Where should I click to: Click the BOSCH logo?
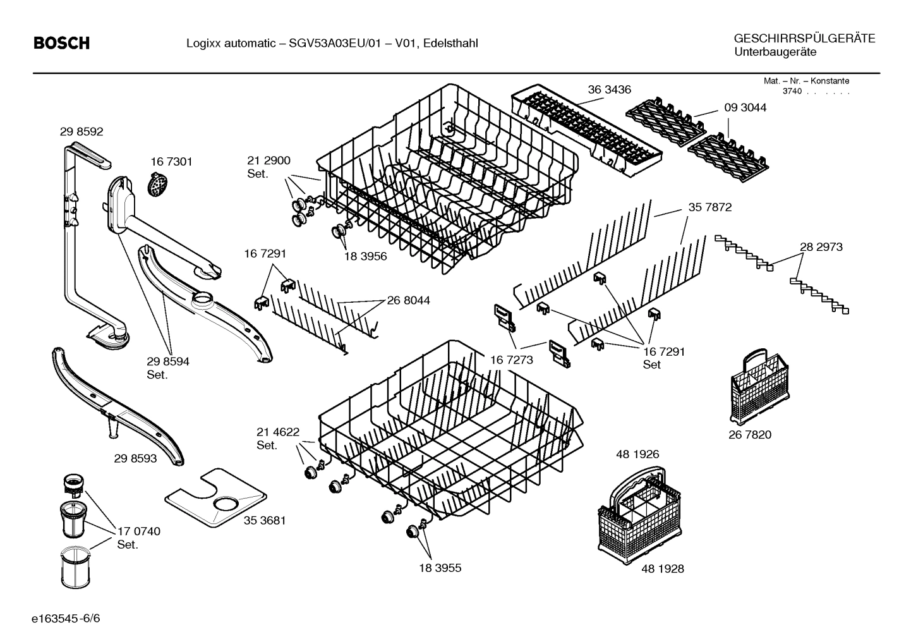coord(61,43)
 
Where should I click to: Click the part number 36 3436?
coord(609,90)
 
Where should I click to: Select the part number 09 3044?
coord(745,107)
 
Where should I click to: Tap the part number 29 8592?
coord(81,132)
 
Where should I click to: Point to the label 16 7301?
coord(171,162)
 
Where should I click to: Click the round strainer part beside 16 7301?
coord(156,185)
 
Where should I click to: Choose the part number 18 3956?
coord(365,257)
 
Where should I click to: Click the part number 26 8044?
coord(408,301)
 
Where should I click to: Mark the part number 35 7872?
coord(710,207)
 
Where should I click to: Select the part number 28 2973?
coord(821,247)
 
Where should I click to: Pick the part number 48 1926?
coord(637,454)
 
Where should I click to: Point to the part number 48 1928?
coord(662,569)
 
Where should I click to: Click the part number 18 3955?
coord(440,568)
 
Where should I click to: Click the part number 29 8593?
coord(135,459)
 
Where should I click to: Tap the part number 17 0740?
coord(139,532)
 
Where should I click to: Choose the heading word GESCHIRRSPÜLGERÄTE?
coord(804,39)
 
